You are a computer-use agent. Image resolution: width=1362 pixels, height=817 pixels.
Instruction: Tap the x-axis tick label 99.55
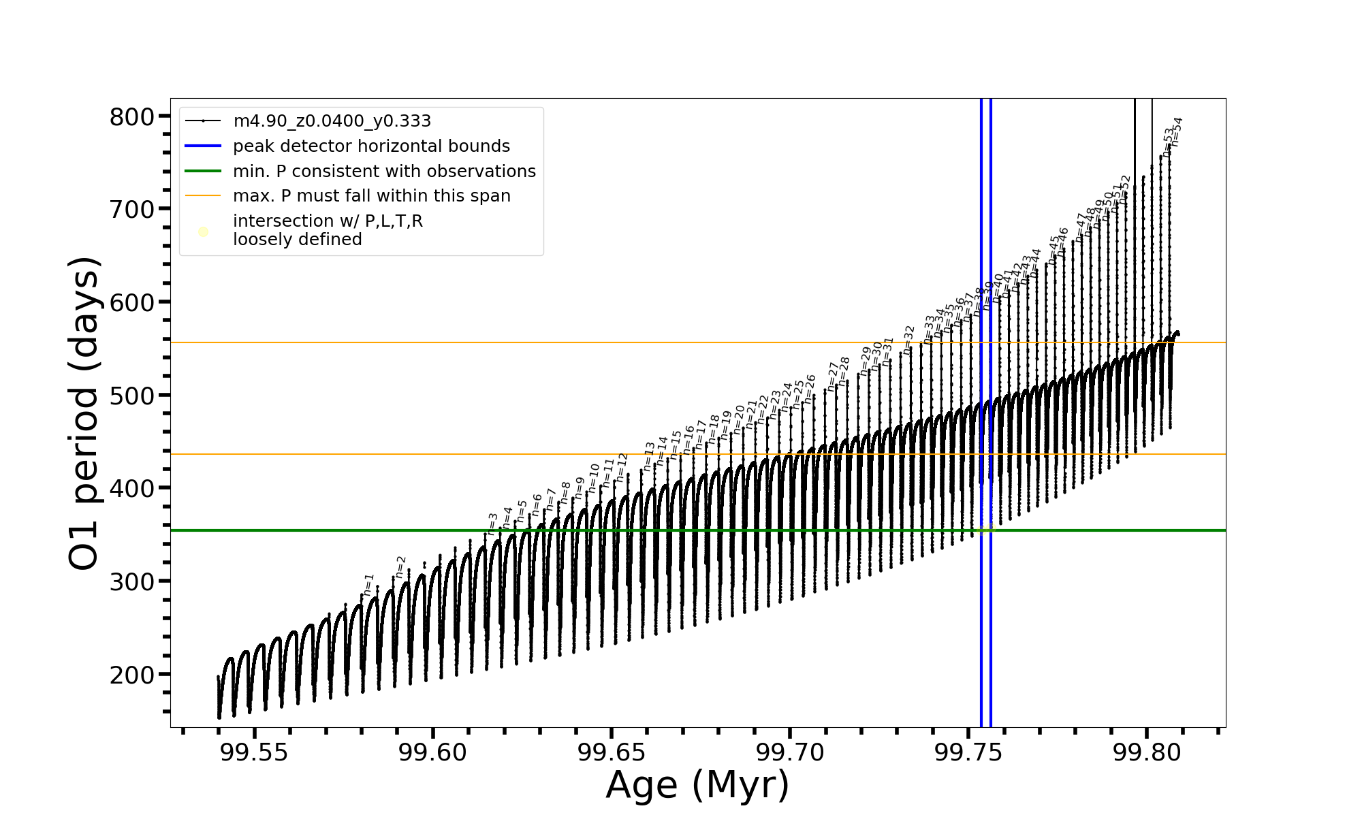click(254, 752)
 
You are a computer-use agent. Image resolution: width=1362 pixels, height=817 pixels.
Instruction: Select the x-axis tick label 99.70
click(790, 752)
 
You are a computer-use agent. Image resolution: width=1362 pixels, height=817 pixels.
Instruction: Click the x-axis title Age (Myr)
click(697, 785)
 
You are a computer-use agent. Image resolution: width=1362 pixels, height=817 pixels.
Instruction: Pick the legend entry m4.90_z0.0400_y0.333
click(332, 121)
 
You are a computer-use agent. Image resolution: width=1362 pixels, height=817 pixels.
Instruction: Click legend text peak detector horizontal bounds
click(371, 146)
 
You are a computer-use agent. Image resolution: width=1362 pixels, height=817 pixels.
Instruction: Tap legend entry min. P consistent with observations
click(384, 171)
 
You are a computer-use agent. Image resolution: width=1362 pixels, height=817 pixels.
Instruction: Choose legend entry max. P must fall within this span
click(371, 196)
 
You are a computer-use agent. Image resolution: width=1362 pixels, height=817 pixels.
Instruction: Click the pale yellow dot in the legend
click(203, 232)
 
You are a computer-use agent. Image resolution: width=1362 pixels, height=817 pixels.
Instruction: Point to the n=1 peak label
click(368, 585)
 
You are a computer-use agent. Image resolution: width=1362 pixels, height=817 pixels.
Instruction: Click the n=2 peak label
click(400, 566)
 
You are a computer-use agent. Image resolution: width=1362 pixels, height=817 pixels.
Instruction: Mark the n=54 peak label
click(1177, 131)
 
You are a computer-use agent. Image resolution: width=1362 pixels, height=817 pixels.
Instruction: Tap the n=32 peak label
click(908, 338)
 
